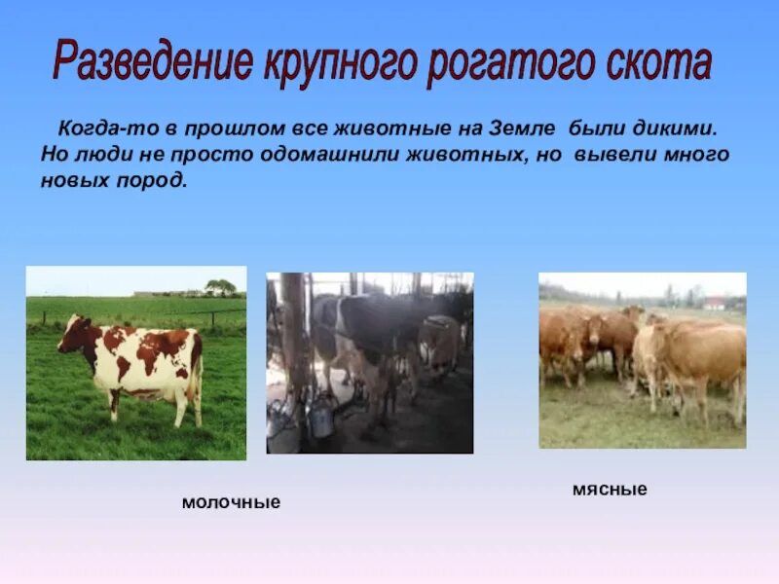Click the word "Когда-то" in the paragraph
click(x=96, y=128)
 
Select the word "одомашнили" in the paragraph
click(x=254, y=155)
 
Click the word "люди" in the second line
click(x=99, y=155)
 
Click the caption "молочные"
click(x=231, y=502)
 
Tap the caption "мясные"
click(x=610, y=490)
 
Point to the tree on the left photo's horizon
click(x=220, y=287)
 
